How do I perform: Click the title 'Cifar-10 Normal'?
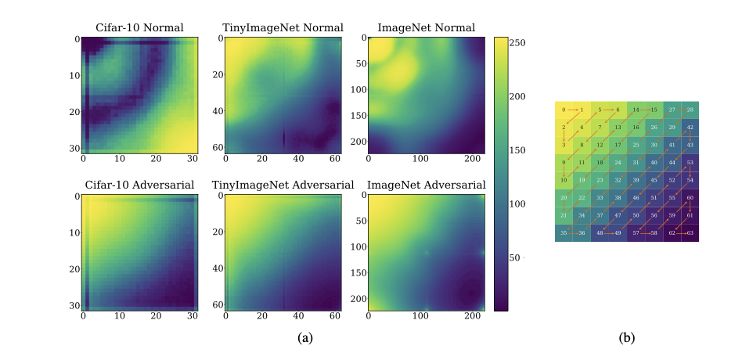(139, 28)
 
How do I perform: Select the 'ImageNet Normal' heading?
(426, 28)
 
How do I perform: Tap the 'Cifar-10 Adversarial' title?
(139, 185)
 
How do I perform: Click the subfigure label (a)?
(305, 338)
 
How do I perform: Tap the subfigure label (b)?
(627, 338)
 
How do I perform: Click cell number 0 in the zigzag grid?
(564, 110)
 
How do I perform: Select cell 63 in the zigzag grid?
(690, 233)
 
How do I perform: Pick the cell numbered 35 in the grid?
(564, 233)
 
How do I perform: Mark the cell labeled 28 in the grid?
(690, 110)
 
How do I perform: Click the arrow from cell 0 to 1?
(572, 110)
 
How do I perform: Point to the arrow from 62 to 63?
(681, 233)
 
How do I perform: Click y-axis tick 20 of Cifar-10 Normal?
(76, 112)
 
